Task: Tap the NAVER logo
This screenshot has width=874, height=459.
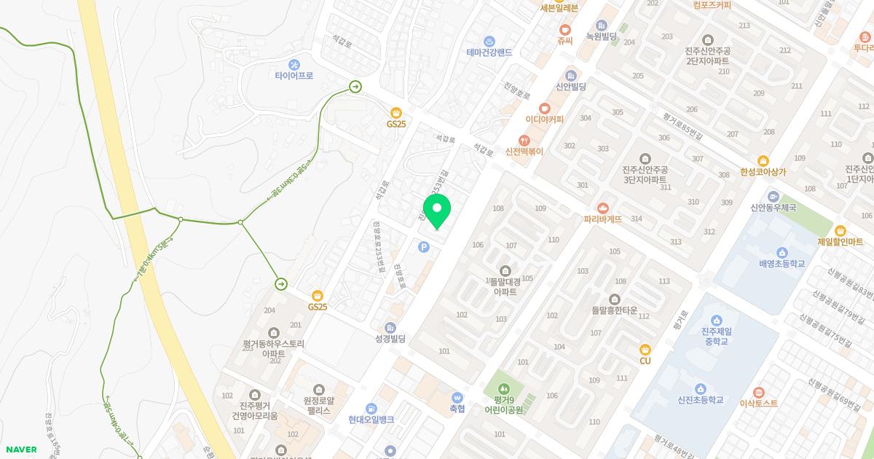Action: (x=21, y=450)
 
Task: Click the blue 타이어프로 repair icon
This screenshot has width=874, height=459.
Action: (x=294, y=64)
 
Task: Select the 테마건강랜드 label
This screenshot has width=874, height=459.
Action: (x=489, y=52)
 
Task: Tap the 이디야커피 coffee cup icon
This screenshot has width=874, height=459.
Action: (x=545, y=108)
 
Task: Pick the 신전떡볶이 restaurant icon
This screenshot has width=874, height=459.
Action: (x=524, y=140)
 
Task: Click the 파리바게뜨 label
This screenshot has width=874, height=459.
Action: (x=602, y=219)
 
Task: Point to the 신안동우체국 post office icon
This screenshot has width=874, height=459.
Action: (x=773, y=196)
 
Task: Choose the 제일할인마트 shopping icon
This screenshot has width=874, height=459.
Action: (x=840, y=230)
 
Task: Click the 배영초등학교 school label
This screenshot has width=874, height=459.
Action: (x=782, y=263)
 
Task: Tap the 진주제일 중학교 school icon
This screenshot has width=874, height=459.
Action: (x=716, y=320)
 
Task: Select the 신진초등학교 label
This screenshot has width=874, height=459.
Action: (x=701, y=400)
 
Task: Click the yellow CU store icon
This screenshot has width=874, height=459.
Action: (x=645, y=350)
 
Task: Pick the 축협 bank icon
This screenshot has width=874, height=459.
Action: (x=457, y=398)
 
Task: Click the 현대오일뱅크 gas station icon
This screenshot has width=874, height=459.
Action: (x=371, y=408)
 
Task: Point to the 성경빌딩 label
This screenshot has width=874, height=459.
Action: (x=390, y=339)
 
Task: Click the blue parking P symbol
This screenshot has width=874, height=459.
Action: (x=424, y=248)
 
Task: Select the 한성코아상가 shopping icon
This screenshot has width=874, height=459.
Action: (x=763, y=160)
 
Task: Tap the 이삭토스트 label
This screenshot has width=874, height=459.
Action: (x=759, y=403)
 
